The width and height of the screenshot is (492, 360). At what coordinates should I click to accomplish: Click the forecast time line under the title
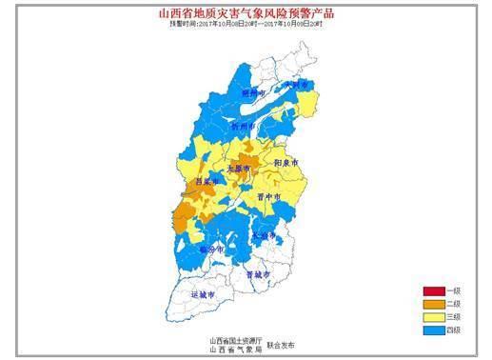(x=245, y=25)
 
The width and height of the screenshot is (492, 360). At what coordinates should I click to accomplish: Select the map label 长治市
(x=263, y=234)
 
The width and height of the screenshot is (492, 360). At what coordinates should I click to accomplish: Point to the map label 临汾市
(x=211, y=249)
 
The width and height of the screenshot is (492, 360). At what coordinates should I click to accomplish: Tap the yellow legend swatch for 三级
(x=435, y=317)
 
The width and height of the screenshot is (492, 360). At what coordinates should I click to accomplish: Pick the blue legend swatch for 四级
(x=435, y=330)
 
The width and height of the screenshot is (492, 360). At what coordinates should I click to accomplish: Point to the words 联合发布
(x=282, y=343)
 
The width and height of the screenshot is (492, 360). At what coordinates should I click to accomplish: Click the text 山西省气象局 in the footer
(x=233, y=349)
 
